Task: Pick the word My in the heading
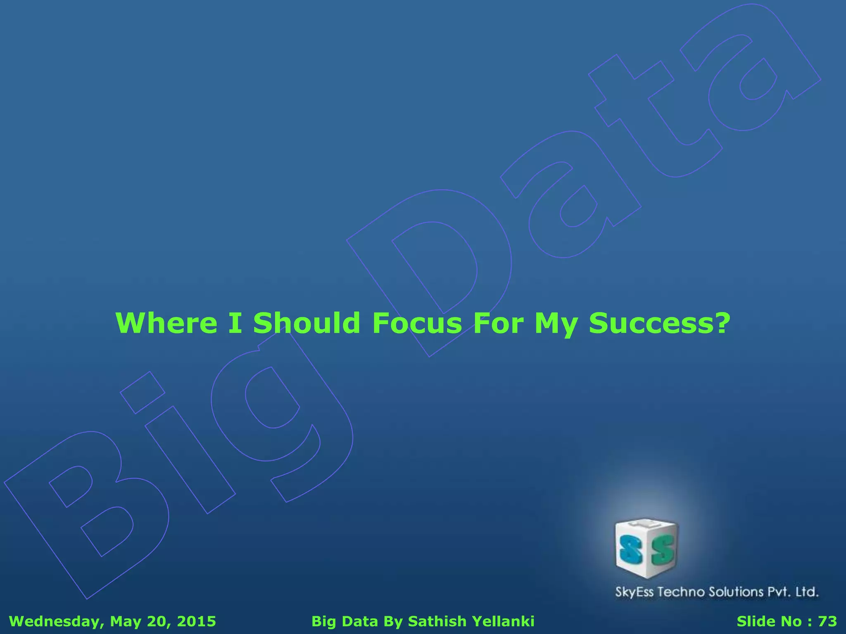point(556,324)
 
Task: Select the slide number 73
point(827,621)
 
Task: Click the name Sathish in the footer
point(437,621)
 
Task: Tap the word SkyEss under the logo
point(634,592)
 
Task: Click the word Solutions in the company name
point(736,592)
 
